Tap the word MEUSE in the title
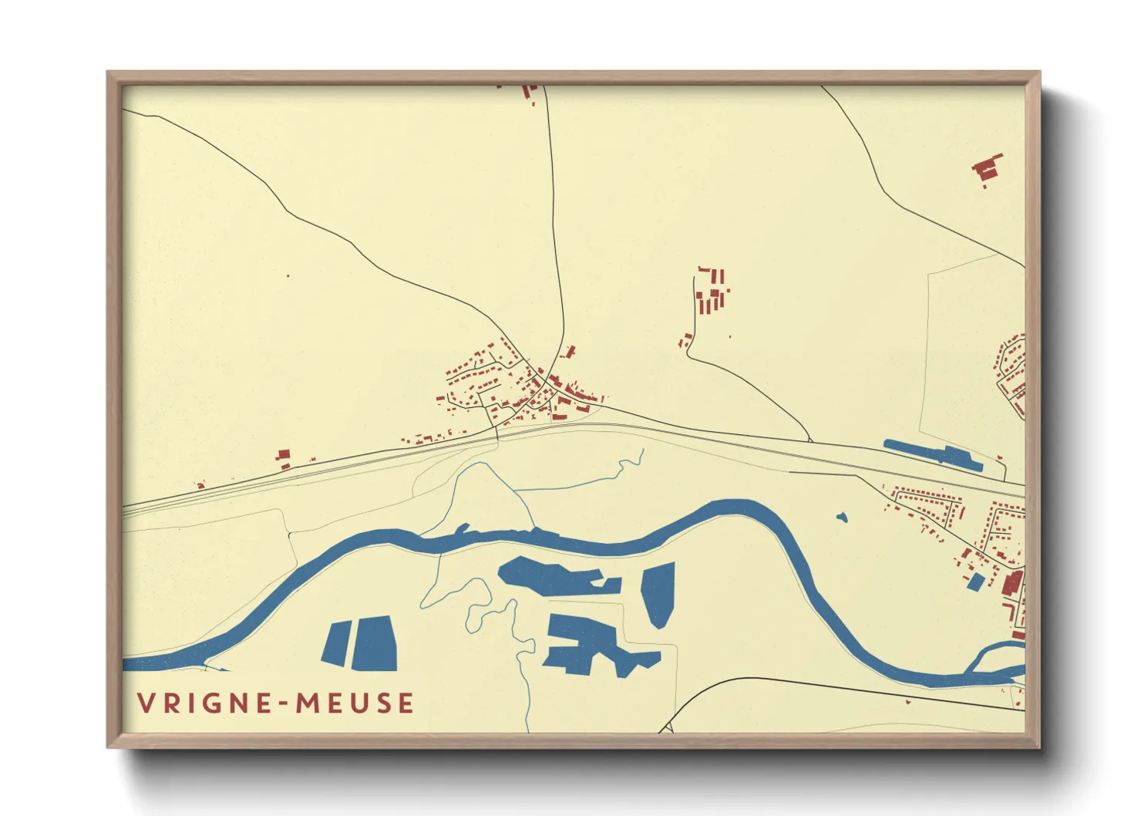click(x=355, y=703)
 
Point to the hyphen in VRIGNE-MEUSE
click(x=284, y=704)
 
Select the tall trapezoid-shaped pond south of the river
click(x=658, y=592)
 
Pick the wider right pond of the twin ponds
click(x=375, y=643)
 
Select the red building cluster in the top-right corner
click(x=985, y=169)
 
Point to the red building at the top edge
click(x=527, y=92)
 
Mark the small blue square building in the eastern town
click(x=975, y=582)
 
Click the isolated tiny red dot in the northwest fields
click(x=288, y=275)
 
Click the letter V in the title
click(x=145, y=703)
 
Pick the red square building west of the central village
click(x=283, y=456)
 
